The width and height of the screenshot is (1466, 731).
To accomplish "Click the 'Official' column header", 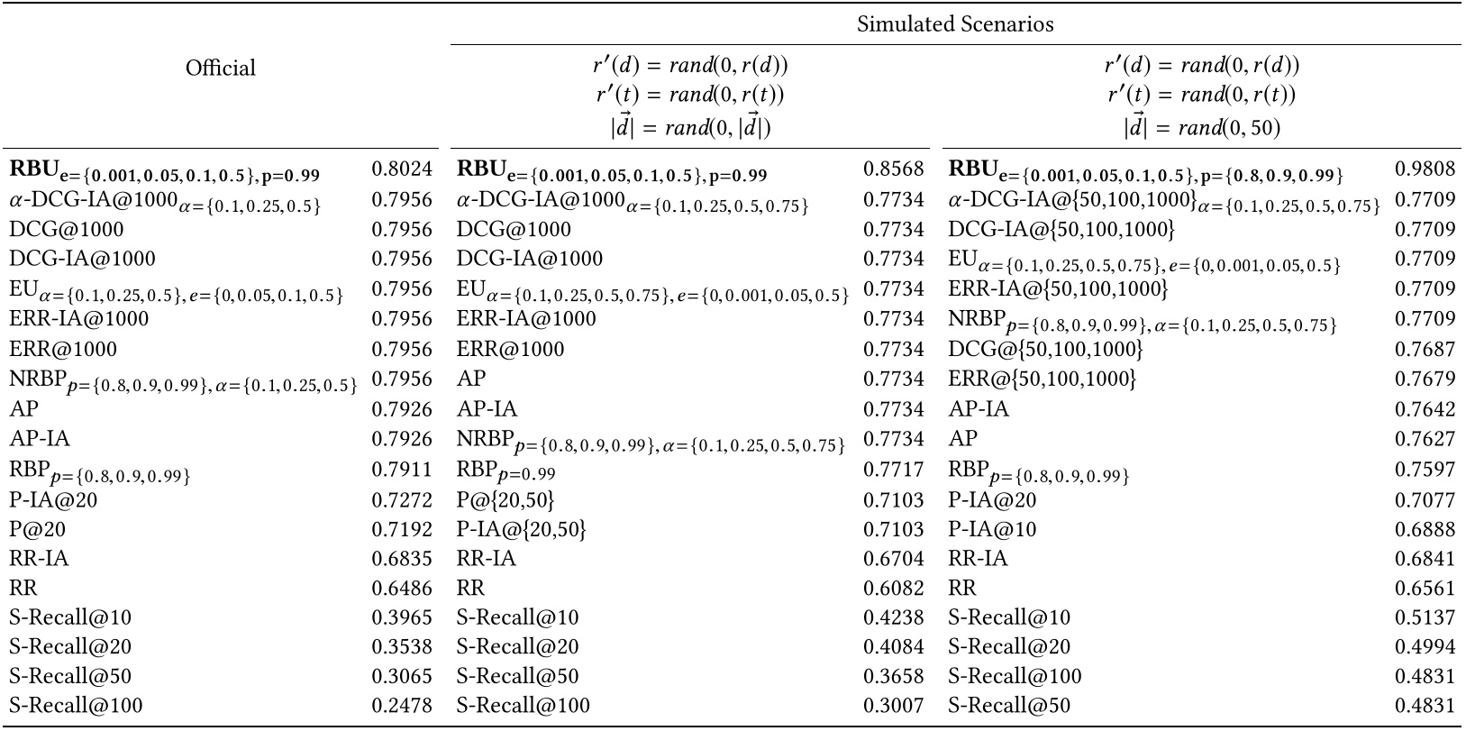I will coord(221,68).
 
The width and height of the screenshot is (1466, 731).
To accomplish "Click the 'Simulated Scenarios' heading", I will coord(955,24).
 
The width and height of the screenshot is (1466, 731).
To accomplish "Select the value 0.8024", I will coord(402,169).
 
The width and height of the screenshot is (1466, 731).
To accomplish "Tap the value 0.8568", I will coord(894,169).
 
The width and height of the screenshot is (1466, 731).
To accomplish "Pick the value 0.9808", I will coord(1425,169).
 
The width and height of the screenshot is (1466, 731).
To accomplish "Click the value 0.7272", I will coord(402,498).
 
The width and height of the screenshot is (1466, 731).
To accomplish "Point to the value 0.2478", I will coord(402,705).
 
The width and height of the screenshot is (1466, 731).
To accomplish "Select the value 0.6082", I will coord(894,588).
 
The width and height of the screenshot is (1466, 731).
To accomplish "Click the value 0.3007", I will coord(894,705).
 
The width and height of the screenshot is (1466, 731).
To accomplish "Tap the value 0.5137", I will coord(1425,617).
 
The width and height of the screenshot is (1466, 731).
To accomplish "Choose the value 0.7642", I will coord(1425,409).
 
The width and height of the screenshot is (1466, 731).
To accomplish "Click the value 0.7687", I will coord(1425,349).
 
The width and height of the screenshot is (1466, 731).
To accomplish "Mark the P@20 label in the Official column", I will coord(38,528).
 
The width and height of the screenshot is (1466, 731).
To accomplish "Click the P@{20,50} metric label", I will coord(505,498).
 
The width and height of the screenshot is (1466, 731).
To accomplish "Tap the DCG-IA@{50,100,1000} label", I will coord(1061,230).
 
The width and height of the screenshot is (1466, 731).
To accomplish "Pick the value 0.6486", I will coord(402,588).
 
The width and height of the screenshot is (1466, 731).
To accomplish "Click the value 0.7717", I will coord(894,469).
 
